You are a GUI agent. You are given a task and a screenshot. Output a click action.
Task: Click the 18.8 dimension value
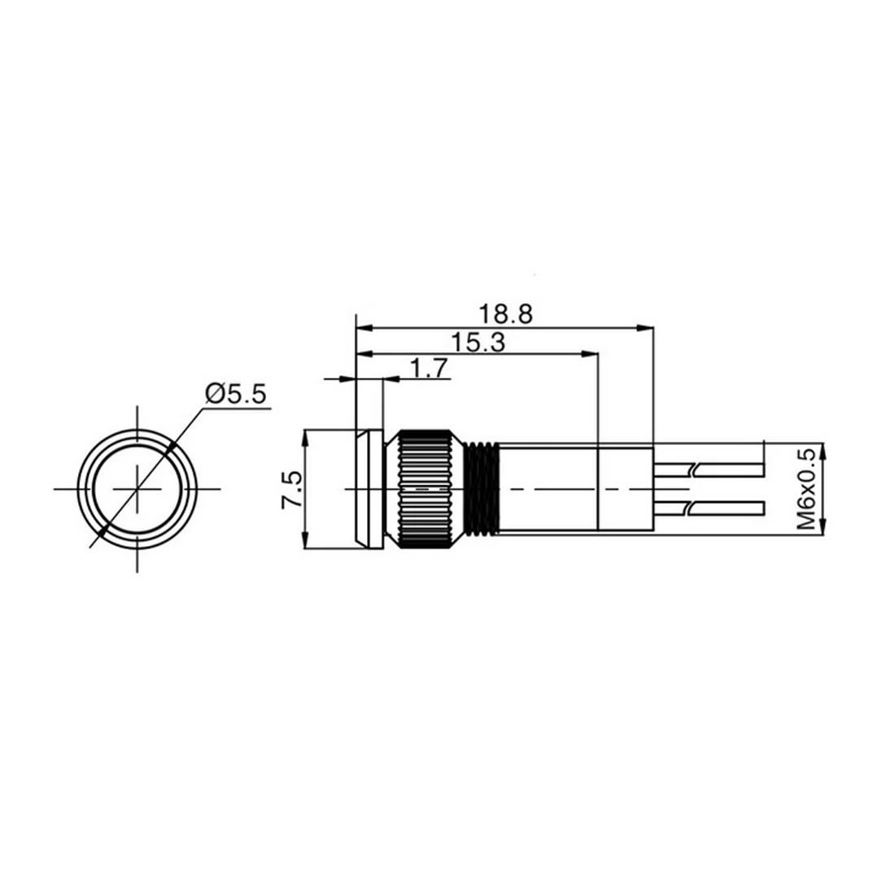pyautogui.click(x=505, y=314)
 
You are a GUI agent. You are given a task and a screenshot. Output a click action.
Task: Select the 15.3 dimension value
pyautogui.click(x=478, y=343)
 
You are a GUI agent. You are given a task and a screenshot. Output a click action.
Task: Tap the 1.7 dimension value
pyautogui.click(x=429, y=368)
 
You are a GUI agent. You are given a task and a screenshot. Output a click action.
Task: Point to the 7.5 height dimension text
pyautogui.click(x=291, y=489)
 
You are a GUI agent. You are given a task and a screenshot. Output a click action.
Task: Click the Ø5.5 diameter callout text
pyautogui.click(x=236, y=394)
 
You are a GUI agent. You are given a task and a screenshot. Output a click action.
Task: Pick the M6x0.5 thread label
pyautogui.click(x=806, y=489)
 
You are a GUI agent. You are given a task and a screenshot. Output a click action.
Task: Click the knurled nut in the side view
pyautogui.click(x=426, y=489)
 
